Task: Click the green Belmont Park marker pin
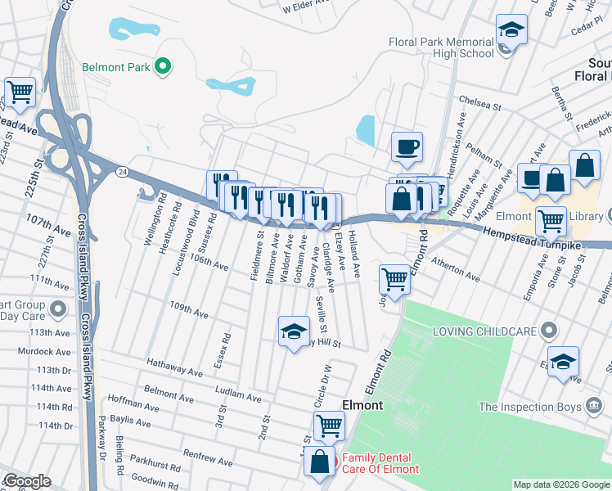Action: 163,67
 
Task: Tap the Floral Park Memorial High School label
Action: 442,47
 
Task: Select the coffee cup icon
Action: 407,148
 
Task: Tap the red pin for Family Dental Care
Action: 334,463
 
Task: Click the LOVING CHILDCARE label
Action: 484,331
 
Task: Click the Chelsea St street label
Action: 479,105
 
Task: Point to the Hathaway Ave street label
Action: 174,367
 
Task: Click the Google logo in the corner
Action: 26,481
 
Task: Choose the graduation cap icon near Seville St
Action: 294,331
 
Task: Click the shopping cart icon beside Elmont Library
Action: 551,220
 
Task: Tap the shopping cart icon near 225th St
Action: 20,92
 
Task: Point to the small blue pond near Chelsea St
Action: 366,128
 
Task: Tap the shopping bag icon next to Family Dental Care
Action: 318,462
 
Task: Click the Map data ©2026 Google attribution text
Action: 561,484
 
